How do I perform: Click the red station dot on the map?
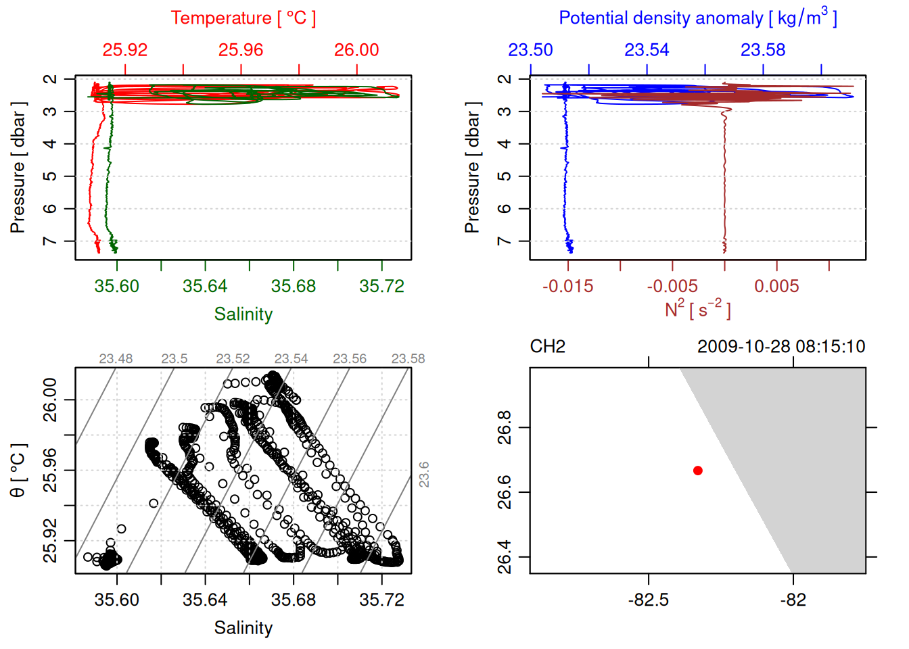pos(698,471)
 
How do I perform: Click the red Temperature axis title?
pos(243,18)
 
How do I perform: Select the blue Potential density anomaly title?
pos(697,18)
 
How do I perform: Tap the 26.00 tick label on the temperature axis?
pos(356,50)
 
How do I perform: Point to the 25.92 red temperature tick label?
pos(125,50)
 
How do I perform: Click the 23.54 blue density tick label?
pos(647,50)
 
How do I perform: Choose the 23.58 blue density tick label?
pos(763,50)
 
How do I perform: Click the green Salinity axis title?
pos(243,314)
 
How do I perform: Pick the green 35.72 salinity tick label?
pos(381,286)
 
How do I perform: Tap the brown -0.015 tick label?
pos(567,286)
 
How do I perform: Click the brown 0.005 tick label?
pos(776,286)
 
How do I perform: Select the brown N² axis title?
pos(697,310)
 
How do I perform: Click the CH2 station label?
pos(548,347)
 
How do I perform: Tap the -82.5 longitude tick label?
pos(648,600)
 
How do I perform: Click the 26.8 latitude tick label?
pos(505,427)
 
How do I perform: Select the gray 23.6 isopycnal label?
pos(424,475)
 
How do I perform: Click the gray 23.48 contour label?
pos(116,359)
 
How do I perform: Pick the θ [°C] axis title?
pos(18,471)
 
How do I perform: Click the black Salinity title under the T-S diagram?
pos(243,628)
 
